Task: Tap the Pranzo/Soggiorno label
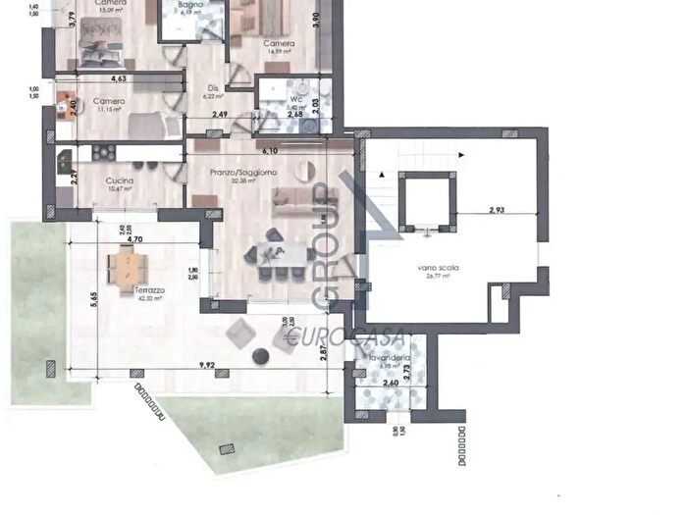[x=241, y=173]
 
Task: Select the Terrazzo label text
[x=151, y=291]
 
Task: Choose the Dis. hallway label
[x=212, y=88]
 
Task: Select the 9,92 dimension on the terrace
[x=207, y=365]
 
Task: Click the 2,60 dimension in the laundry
[x=390, y=383]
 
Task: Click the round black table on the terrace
[x=262, y=356]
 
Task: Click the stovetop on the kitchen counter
[x=104, y=152]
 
